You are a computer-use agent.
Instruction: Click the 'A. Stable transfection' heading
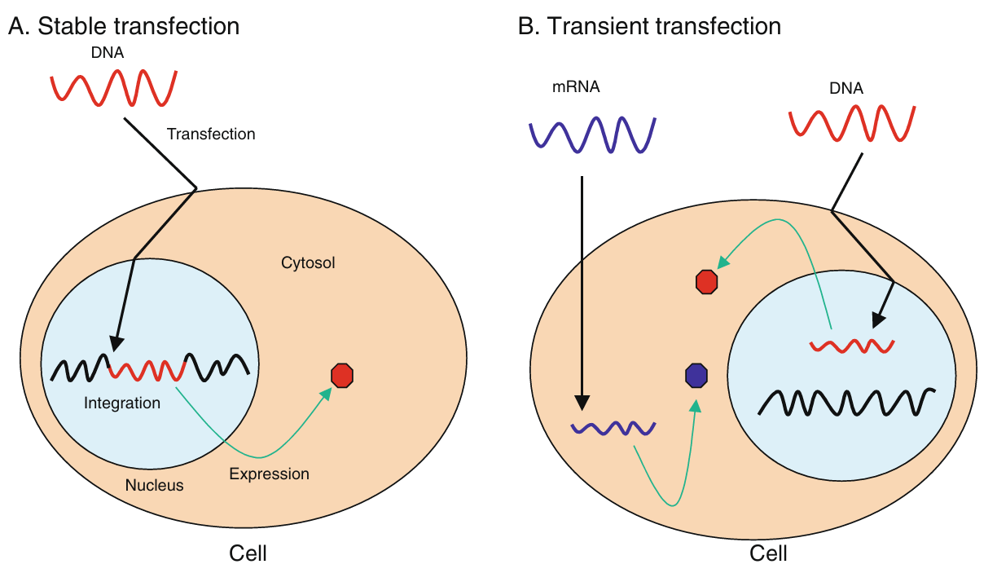(x=124, y=26)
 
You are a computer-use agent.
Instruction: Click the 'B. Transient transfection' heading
(x=649, y=26)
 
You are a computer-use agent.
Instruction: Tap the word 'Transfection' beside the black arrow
(x=211, y=134)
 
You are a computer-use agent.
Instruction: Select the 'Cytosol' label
(x=308, y=262)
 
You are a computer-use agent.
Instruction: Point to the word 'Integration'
(x=122, y=403)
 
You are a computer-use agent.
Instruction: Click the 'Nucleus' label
(x=154, y=485)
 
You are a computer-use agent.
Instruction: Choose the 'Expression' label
(x=269, y=474)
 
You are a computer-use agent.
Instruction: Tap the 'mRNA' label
(x=576, y=87)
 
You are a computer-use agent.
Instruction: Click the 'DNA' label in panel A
(x=108, y=53)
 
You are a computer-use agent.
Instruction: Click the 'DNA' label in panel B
(x=846, y=89)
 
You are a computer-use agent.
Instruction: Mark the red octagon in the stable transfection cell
(x=342, y=376)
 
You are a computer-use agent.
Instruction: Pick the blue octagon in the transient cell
(x=696, y=375)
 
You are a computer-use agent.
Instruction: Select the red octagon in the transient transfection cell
(x=706, y=282)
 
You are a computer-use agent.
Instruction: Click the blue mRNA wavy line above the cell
(x=592, y=135)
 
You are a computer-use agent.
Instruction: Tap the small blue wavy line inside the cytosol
(x=613, y=428)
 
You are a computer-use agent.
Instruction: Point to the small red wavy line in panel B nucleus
(x=852, y=346)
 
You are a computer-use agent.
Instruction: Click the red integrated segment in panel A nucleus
(x=147, y=370)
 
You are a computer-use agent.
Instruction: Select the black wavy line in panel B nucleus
(x=846, y=403)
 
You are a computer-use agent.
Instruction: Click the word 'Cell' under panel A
(x=248, y=553)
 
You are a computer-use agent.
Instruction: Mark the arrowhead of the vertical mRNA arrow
(x=582, y=403)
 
